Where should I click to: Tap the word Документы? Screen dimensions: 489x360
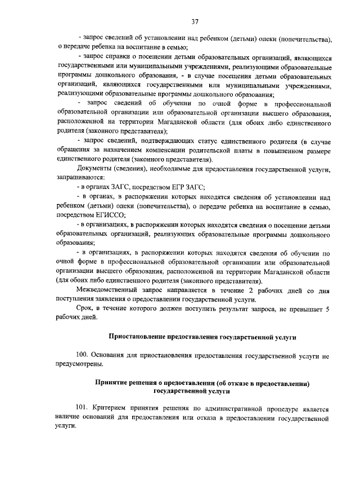(93, 168)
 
